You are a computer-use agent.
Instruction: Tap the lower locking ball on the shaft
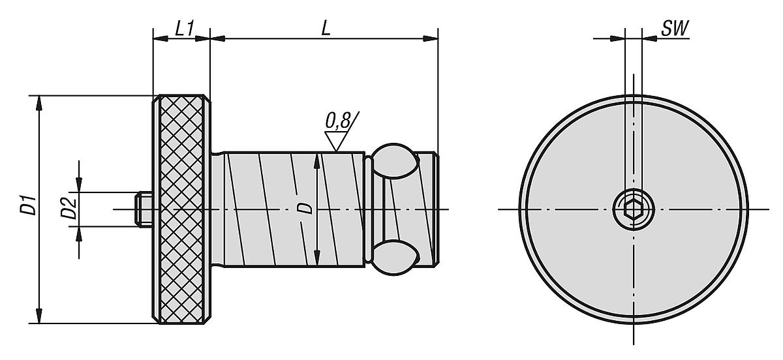click(394, 257)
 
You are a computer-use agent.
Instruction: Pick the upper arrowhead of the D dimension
click(316, 160)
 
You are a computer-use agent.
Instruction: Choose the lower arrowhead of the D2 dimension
click(80, 231)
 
